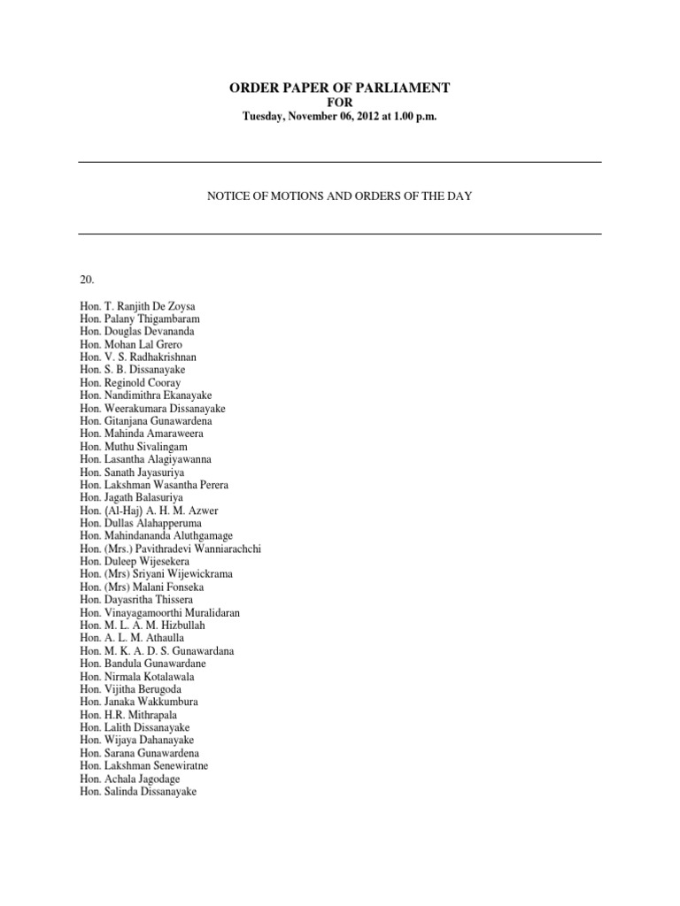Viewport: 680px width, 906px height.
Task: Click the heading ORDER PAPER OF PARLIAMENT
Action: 340,88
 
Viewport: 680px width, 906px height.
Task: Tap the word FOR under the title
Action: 340,103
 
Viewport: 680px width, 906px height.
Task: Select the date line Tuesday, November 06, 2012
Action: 340,118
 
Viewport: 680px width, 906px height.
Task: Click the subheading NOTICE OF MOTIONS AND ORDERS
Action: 340,196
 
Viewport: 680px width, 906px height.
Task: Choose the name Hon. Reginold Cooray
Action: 130,382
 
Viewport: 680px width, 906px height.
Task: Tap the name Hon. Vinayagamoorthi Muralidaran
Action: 159,612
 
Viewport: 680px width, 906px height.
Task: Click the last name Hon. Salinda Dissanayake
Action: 137,791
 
